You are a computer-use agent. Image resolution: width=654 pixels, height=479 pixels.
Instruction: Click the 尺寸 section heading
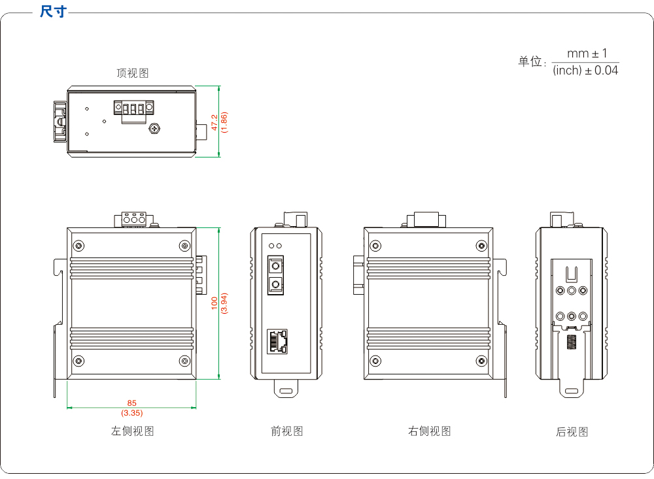pos(52,12)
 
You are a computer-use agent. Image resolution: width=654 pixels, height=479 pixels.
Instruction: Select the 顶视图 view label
pos(133,73)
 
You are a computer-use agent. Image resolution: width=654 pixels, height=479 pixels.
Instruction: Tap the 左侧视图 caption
pos(132,431)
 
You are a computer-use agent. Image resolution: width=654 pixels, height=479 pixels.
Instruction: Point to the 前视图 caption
pos(286,431)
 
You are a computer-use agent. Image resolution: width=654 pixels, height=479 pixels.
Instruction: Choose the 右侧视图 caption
pos(430,431)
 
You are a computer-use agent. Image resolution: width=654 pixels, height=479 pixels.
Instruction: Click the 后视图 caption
pos(572,432)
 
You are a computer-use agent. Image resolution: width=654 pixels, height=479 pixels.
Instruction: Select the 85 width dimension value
pos(132,403)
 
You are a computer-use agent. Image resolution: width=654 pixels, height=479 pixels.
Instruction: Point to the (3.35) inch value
pos(132,412)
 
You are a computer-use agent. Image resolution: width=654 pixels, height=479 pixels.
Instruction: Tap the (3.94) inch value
pos(224,303)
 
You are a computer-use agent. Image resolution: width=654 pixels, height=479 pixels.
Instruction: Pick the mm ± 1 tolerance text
pos(587,54)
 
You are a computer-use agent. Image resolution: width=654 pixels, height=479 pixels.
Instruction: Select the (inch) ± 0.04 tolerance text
pos(585,70)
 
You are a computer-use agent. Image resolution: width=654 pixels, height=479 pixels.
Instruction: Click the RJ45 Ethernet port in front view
pos(277,342)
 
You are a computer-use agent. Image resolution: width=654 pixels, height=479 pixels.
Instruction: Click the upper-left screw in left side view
pos(79,246)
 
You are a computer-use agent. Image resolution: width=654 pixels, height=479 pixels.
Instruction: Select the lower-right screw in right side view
pos(481,361)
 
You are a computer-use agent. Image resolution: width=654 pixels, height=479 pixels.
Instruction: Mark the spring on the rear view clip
pos(572,342)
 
